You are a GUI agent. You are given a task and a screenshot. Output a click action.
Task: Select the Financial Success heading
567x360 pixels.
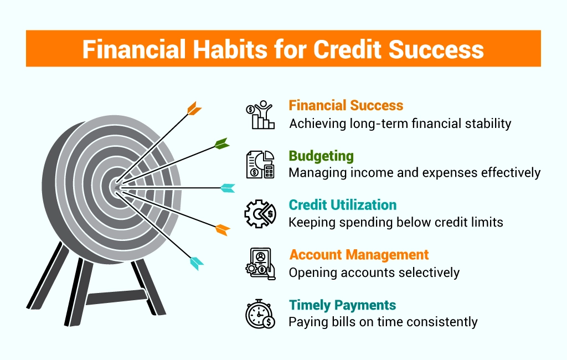346,105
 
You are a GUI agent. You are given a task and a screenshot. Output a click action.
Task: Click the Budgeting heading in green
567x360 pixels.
321,156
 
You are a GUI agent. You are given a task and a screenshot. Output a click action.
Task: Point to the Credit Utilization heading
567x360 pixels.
342,205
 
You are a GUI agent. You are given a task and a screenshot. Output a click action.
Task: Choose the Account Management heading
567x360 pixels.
359,255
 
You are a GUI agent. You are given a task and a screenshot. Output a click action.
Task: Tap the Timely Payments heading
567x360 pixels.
342,305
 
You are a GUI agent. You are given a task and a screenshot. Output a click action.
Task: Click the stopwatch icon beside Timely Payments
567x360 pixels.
260,313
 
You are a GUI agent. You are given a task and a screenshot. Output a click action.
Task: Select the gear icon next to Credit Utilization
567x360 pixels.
260,214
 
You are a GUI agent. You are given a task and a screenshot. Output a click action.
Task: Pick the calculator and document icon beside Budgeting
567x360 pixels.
260,164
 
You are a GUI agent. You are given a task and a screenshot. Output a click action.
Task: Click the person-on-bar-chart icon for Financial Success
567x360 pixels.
260,115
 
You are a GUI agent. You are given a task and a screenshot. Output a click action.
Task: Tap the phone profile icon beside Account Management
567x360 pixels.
260,264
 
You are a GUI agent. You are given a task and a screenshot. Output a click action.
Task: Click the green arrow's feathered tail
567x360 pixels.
221,143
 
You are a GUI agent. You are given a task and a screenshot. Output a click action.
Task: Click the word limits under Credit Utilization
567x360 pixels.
487,222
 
